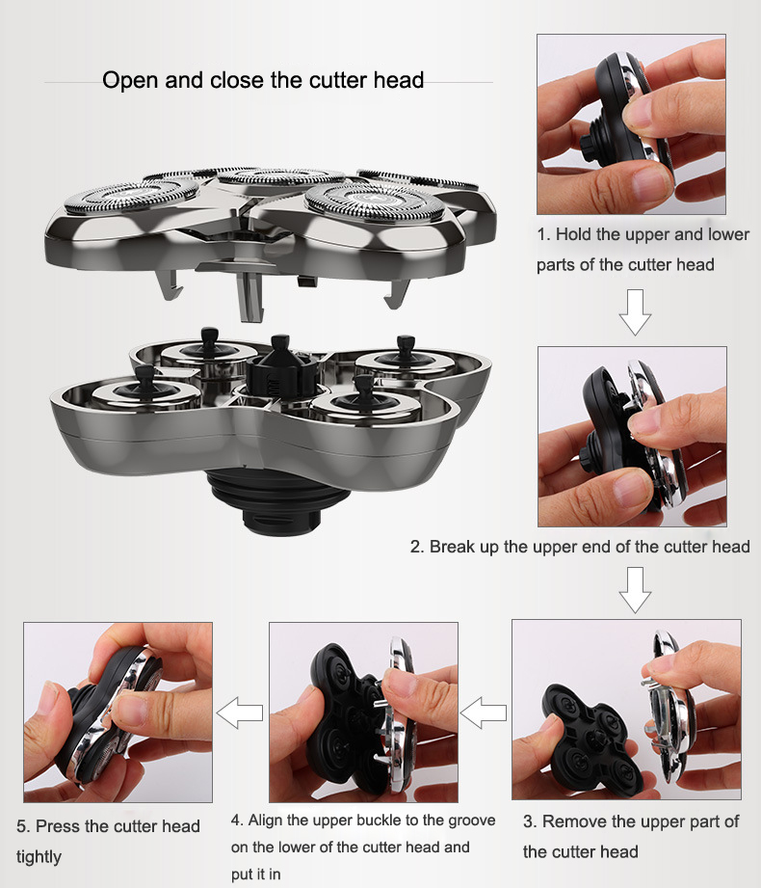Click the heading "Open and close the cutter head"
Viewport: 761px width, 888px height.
(263, 79)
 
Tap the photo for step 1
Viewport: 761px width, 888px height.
(631, 124)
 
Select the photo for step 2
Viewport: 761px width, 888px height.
(631, 436)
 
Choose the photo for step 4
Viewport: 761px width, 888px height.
(363, 713)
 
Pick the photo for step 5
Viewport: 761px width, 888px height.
(118, 713)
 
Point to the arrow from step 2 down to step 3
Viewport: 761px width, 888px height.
(635, 590)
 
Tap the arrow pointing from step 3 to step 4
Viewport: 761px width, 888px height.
(484, 714)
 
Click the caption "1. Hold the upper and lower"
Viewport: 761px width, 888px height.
(643, 234)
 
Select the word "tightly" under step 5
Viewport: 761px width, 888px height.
(39, 856)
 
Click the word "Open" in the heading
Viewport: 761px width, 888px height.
(130, 79)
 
